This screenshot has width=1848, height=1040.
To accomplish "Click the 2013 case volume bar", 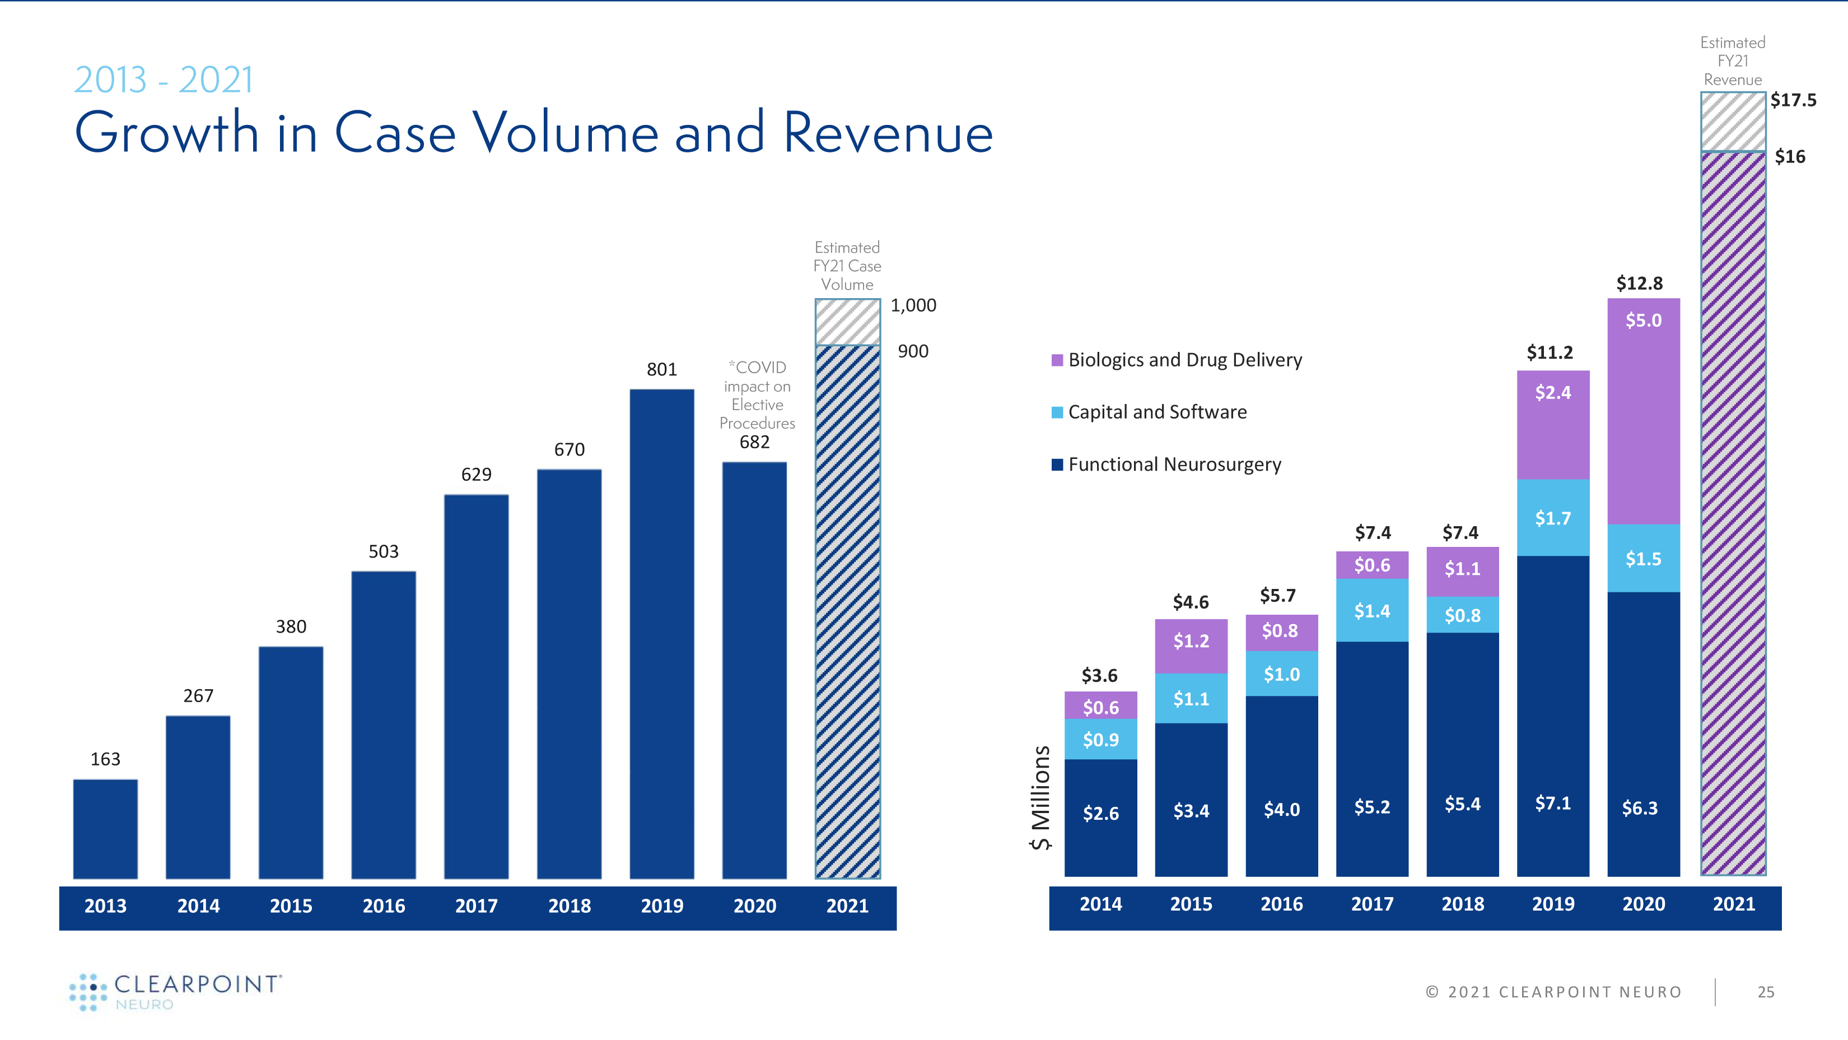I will [x=105, y=828].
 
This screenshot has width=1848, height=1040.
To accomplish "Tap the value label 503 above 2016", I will [x=383, y=551].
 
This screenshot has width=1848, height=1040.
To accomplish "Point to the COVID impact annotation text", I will [x=757, y=396].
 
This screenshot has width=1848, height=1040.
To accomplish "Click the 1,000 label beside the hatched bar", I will [x=913, y=306].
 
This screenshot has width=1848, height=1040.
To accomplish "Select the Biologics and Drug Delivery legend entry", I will [x=1177, y=360].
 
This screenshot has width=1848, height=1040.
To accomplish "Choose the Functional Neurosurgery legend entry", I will [x=1166, y=465].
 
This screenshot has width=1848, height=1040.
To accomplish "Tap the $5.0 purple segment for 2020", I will [x=1643, y=411].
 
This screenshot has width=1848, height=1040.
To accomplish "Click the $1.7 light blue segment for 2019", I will [x=1552, y=518].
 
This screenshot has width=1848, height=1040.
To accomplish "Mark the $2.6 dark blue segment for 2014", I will [x=1100, y=817].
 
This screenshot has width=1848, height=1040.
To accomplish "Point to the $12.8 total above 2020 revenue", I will [x=1639, y=284].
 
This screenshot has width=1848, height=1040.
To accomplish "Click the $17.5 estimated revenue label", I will [x=1793, y=100].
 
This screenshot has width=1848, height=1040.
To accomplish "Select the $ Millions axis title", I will [x=1041, y=797].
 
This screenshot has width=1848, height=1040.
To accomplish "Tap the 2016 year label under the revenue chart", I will [x=1281, y=904].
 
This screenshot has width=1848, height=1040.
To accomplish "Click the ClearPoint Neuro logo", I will [x=176, y=992].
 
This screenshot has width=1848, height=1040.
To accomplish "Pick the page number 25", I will [x=1766, y=992].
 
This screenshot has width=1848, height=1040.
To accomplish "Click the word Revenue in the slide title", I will [x=888, y=133].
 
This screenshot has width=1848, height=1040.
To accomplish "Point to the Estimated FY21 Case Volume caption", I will [x=847, y=266].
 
